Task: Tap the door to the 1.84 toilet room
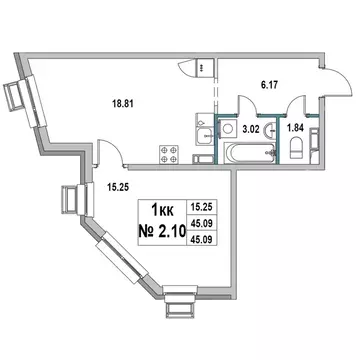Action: click(291, 104)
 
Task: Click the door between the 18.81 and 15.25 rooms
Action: click(109, 153)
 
